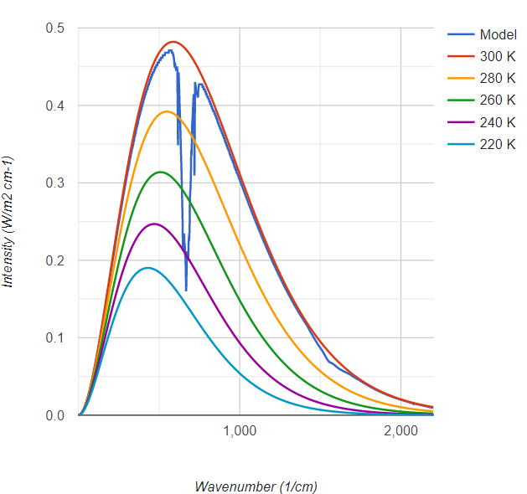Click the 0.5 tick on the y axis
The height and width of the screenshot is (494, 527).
(x=56, y=28)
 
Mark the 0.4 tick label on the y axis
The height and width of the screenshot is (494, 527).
(x=56, y=105)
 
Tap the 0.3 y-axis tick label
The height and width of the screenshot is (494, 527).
(x=56, y=183)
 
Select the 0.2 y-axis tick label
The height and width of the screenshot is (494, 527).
(x=56, y=260)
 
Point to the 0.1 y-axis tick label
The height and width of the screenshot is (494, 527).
(x=56, y=338)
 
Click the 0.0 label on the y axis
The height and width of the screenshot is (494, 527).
(x=56, y=415)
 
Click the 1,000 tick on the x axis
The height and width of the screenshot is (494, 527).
(x=240, y=431)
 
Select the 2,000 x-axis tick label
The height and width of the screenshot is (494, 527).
(x=401, y=431)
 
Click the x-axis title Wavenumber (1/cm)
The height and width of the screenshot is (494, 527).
(x=256, y=486)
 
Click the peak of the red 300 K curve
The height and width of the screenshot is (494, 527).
(x=173, y=42)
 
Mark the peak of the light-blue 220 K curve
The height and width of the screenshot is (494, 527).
(x=147, y=268)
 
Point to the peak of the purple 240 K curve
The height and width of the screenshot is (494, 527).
(x=154, y=224)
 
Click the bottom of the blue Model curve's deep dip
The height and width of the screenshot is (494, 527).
(x=186, y=291)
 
